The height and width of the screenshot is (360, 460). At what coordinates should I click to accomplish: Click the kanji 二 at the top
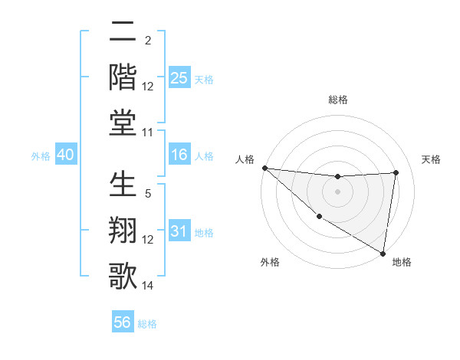click(x=123, y=32)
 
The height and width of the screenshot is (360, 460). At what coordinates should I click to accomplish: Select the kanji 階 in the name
click(x=123, y=77)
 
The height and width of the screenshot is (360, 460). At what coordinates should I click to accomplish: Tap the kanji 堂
click(x=123, y=123)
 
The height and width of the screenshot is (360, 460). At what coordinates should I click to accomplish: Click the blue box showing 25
click(x=179, y=78)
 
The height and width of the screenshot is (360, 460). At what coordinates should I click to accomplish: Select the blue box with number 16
click(x=179, y=155)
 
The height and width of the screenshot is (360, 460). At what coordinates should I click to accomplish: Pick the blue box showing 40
click(x=65, y=155)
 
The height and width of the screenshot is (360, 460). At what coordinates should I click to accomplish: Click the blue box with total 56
click(x=123, y=322)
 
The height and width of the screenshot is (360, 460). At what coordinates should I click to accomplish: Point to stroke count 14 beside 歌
click(x=148, y=286)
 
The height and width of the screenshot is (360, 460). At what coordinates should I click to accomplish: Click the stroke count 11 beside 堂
click(x=148, y=133)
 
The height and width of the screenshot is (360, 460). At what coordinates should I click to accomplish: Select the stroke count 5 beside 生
click(x=148, y=195)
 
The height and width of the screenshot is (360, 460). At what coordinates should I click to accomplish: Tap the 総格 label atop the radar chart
click(x=338, y=100)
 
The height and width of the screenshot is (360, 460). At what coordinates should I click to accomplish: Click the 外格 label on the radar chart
click(x=270, y=263)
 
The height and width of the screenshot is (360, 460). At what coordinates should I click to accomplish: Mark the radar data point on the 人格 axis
click(x=264, y=168)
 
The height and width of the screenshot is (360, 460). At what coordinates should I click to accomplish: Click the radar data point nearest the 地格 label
click(x=383, y=252)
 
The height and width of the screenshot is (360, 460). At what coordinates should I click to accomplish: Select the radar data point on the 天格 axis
click(x=396, y=172)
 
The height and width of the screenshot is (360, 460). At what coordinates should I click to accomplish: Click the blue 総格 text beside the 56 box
click(x=147, y=324)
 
